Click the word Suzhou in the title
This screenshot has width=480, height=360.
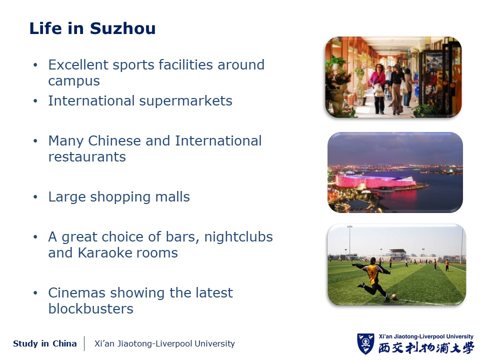(x=123, y=28)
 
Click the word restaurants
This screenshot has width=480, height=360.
(x=87, y=156)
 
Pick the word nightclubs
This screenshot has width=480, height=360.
(x=238, y=236)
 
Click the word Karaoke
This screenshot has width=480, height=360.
(x=104, y=253)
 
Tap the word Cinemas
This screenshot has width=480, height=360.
(x=77, y=292)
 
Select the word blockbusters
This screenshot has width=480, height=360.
(x=91, y=308)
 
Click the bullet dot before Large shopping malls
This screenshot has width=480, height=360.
(x=35, y=197)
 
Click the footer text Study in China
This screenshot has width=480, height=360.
(x=44, y=343)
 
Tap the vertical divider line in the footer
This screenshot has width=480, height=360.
(x=84, y=343)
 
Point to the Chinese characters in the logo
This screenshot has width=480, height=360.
(x=426, y=348)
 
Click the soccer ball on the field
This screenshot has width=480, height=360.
(x=394, y=296)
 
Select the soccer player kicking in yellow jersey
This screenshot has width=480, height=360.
(x=372, y=277)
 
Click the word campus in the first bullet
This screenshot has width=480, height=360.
(x=74, y=81)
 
